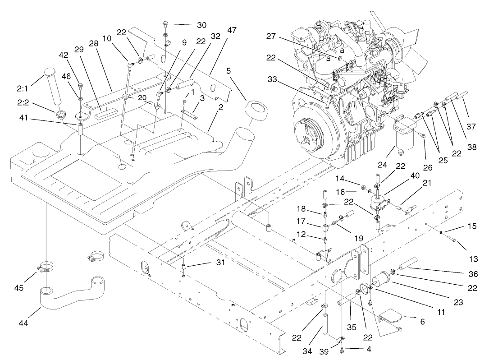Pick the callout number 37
(471, 127)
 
